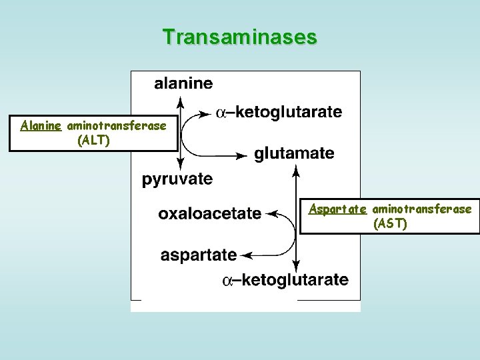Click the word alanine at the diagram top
pos(183,84)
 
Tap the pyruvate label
pos(177,179)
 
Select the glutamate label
pos(294,154)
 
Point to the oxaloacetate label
pos(210,214)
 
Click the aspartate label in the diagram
pos(199,255)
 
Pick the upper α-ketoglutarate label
pos(279,113)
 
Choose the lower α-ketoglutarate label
pos(285,280)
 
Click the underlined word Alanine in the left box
pos(41,125)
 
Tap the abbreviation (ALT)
pos(93,140)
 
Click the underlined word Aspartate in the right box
pos(338,209)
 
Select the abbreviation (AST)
pos(390,223)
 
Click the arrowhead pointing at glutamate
pos(245,155)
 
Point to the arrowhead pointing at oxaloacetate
pos(271,214)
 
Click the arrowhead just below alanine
pos(179,101)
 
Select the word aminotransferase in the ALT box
pos(117,125)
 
